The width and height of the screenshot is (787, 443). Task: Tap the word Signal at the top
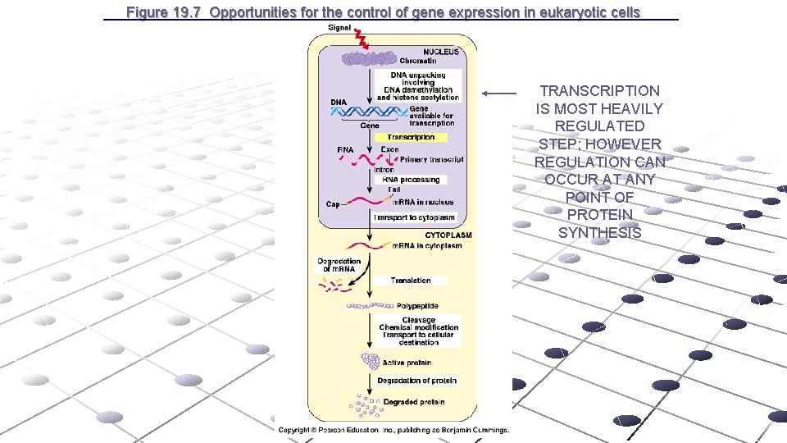pos(339,27)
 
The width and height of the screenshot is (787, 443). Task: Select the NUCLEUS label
pos(440,51)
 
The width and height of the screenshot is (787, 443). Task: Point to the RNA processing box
pos(411,180)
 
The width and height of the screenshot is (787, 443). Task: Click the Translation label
pos(411,281)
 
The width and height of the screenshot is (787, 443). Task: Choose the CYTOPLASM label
pos(448,235)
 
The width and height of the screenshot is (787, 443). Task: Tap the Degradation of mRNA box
pos(339,265)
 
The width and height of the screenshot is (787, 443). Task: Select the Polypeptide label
pos(416,307)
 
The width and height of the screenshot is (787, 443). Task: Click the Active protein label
pos(407,363)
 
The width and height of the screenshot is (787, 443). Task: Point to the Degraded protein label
pos(414,402)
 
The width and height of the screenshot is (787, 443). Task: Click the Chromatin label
pos(418,61)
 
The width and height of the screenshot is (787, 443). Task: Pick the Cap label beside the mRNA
pos(333,204)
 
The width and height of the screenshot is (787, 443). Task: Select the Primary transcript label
pos(432,159)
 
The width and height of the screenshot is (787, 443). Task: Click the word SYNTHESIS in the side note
pos(599,233)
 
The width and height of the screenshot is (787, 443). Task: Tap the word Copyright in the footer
pos(294,430)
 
